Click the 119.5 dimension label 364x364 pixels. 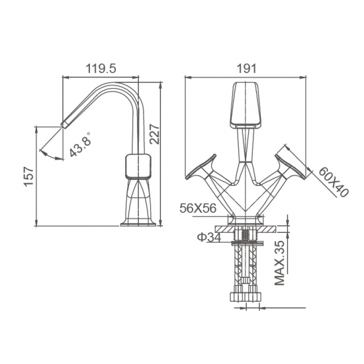[101, 68]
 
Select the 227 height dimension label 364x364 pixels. [154, 134]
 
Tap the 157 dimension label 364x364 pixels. [29, 176]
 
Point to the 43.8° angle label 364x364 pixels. [80, 144]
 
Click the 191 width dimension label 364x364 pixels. [247, 68]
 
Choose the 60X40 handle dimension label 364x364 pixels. [334, 182]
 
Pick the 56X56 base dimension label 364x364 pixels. [198, 208]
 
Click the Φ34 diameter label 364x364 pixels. [208, 237]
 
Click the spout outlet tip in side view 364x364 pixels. [64, 124]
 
